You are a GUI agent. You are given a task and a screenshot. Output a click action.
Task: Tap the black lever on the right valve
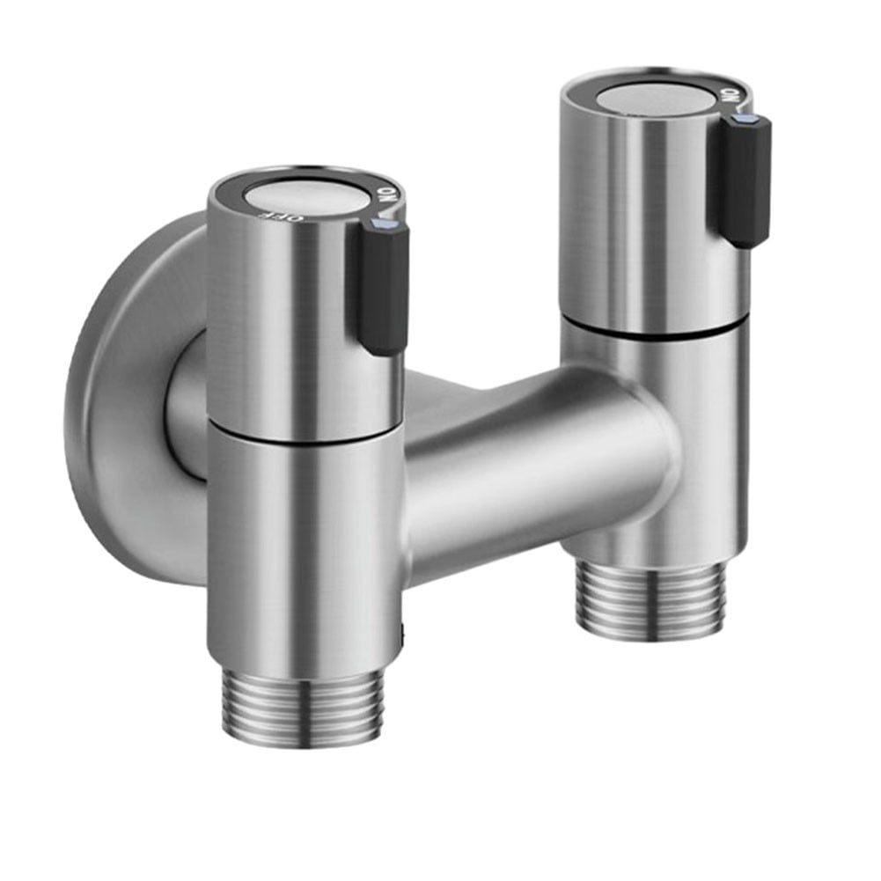pos(744,180)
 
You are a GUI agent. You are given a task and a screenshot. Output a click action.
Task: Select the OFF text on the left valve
pos(267,214)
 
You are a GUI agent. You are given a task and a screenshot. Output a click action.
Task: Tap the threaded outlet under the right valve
pos(652,598)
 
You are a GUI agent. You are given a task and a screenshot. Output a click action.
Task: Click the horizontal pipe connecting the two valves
pos(519,466)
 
